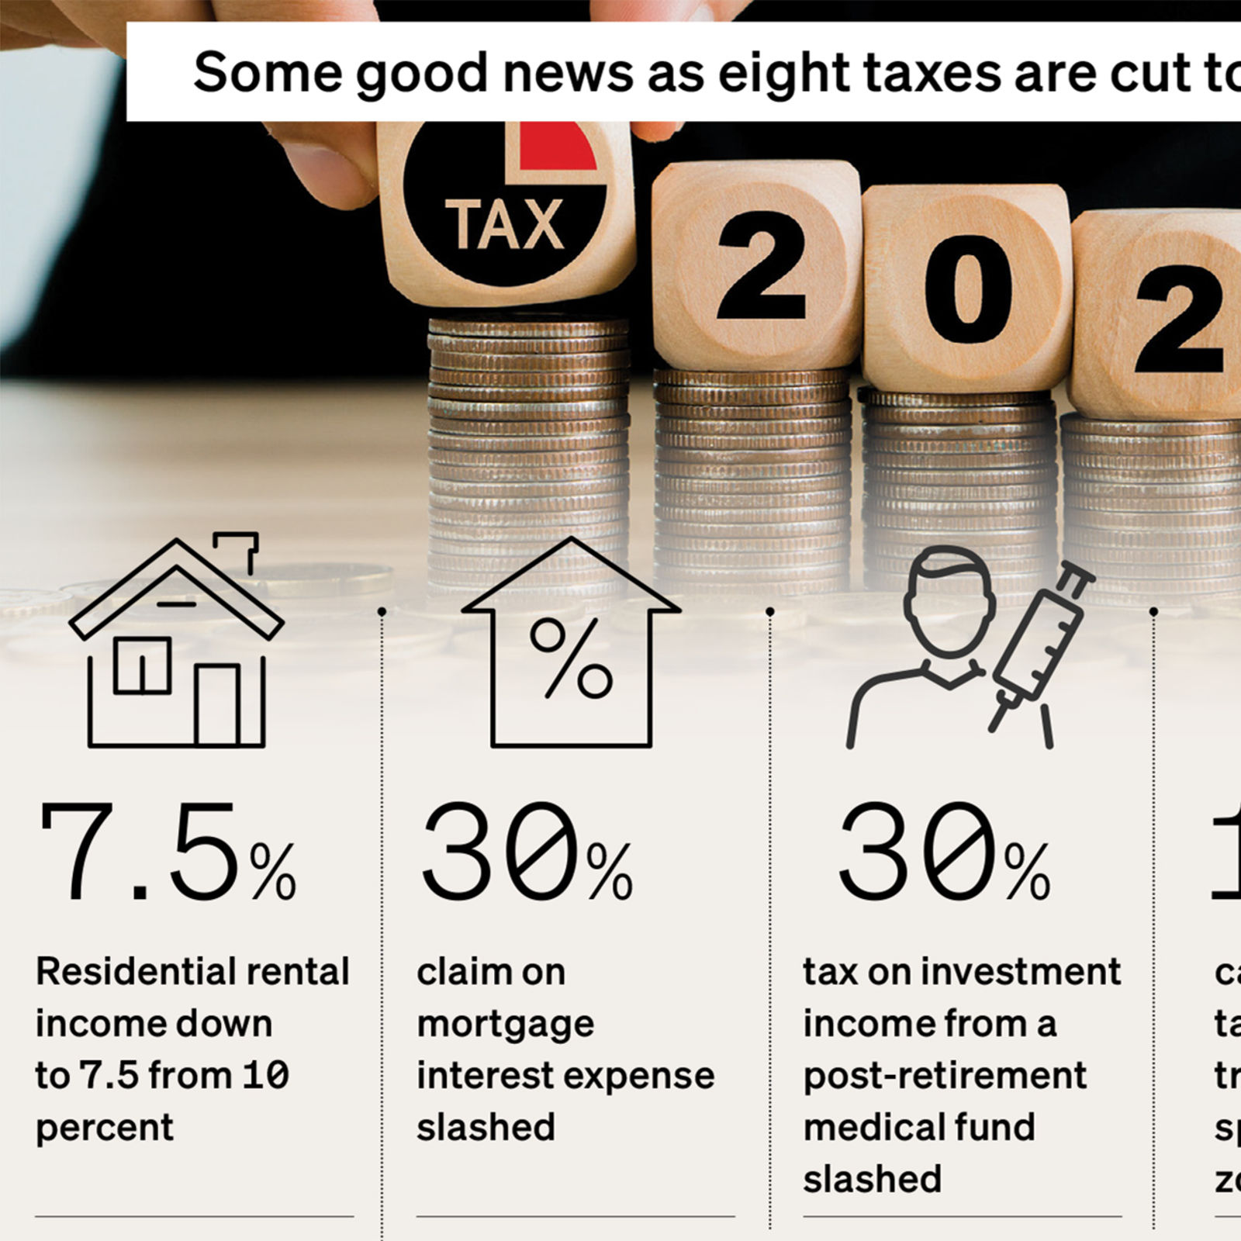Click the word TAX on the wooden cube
pos(504,225)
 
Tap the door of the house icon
pos(217,704)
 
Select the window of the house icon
pos(143,665)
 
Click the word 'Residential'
pos(125,972)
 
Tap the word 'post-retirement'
pos(945,1077)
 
